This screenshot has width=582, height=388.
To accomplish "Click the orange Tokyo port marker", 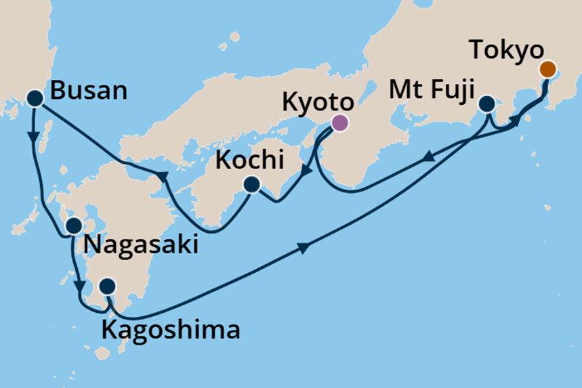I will [x=547, y=69].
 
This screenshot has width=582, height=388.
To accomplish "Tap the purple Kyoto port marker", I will [x=339, y=123].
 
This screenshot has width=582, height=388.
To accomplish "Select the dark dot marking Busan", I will [x=35, y=99].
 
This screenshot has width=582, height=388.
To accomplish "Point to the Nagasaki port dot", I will [x=73, y=225].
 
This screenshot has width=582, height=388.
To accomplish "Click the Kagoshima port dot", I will [x=107, y=287].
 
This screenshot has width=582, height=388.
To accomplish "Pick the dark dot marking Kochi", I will [x=251, y=184].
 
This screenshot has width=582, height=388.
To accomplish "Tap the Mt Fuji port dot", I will [x=486, y=104].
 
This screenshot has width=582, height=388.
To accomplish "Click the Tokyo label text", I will [x=506, y=51].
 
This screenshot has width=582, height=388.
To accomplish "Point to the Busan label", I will [x=89, y=90].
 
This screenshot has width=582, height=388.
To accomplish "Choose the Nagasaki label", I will [x=140, y=244].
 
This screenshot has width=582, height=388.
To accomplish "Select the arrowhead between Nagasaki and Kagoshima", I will [x=80, y=285].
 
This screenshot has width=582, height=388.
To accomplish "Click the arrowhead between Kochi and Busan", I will [x=162, y=177].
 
